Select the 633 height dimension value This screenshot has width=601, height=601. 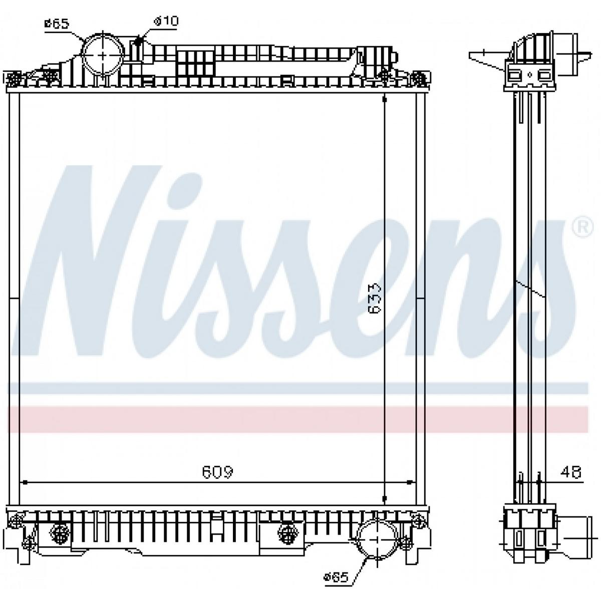(x=375, y=298)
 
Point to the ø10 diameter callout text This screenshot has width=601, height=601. (x=166, y=21)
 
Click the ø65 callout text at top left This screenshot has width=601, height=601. (x=57, y=24)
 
